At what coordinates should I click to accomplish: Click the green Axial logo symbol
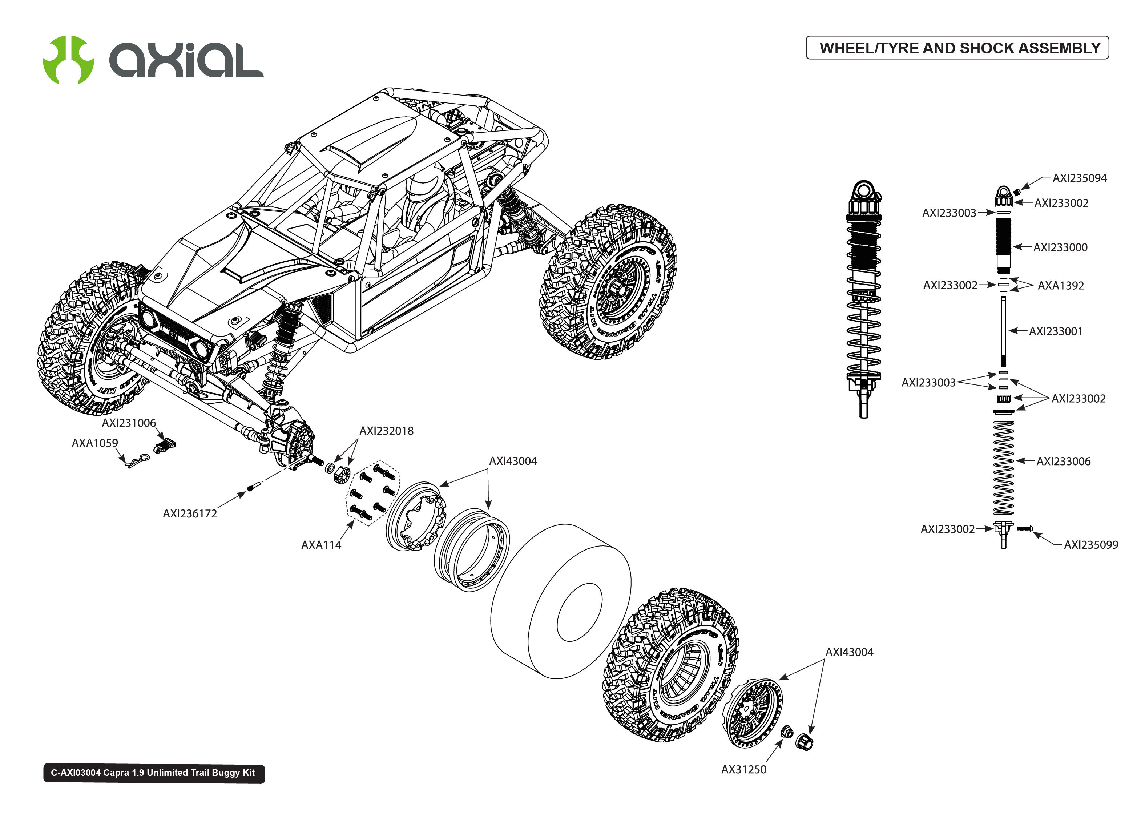point(68,60)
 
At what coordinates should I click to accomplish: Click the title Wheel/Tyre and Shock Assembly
point(959,48)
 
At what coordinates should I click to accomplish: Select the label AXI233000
point(1060,247)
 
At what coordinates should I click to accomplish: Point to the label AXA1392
point(1060,286)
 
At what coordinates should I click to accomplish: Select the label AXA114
point(321,545)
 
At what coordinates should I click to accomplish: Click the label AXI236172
point(190,514)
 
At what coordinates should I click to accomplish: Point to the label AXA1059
point(95,443)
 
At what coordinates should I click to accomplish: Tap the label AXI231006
point(129,423)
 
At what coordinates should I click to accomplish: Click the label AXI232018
point(386,431)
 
